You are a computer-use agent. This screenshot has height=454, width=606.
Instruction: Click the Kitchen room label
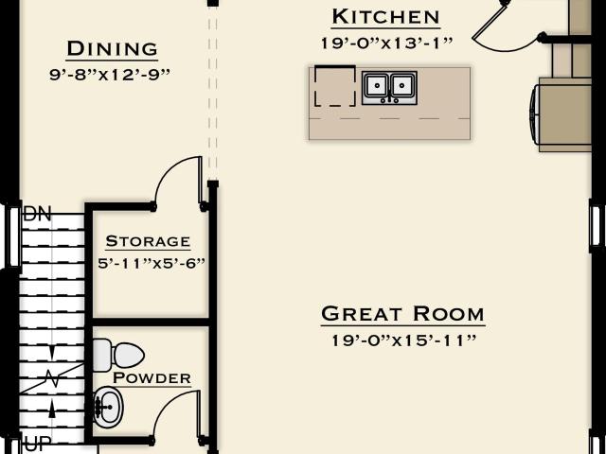pyautogui.click(x=385, y=17)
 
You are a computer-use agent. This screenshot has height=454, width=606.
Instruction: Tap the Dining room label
pyautogui.click(x=112, y=49)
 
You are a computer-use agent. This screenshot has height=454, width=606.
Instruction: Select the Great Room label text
pyautogui.click(x=402, y=314)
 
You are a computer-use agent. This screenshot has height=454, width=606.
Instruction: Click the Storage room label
pyautogui.click(x=148, y=241)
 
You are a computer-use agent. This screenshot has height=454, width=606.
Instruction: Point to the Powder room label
pyautogui.click(x=151, y=378)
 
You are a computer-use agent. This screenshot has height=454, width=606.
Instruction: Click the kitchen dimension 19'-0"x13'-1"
pyautogui.click(x=387, y=44)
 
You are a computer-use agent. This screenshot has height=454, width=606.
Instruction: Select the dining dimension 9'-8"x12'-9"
pyautogui.click(x=110, y=75)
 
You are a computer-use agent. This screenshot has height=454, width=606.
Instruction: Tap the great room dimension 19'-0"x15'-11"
pyautogui.click(x=404, y=340)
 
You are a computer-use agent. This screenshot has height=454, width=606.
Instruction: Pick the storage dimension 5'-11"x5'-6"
pyautogui.click(x=151, y=264)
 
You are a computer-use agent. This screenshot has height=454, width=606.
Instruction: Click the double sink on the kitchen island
pyautogui.click(x=389, y=88)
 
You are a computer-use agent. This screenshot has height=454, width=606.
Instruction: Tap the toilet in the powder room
pyautogui.click(x=118, y=356)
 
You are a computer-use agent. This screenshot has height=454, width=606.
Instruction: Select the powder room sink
pyautogui.click(x=108, y=407)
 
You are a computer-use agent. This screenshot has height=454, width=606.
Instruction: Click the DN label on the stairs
pyautogui.click(x=37, y=214)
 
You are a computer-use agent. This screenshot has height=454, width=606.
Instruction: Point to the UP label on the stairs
pyautogui.click(x=38, y=444)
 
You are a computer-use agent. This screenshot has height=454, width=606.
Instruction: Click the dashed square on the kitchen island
pyautogui.click(x=335, y=86)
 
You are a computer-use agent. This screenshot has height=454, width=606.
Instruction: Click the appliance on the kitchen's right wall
pyautogui.click(x=561, y=114)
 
